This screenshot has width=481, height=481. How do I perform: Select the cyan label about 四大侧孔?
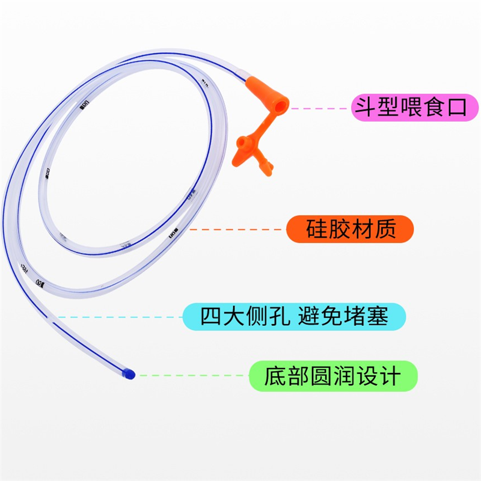tap(294, 316)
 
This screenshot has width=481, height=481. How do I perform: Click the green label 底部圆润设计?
tap(332, 376)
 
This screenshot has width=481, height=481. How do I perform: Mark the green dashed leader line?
tap(192, 376)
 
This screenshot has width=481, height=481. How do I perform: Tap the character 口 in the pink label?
tap(459, 108)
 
